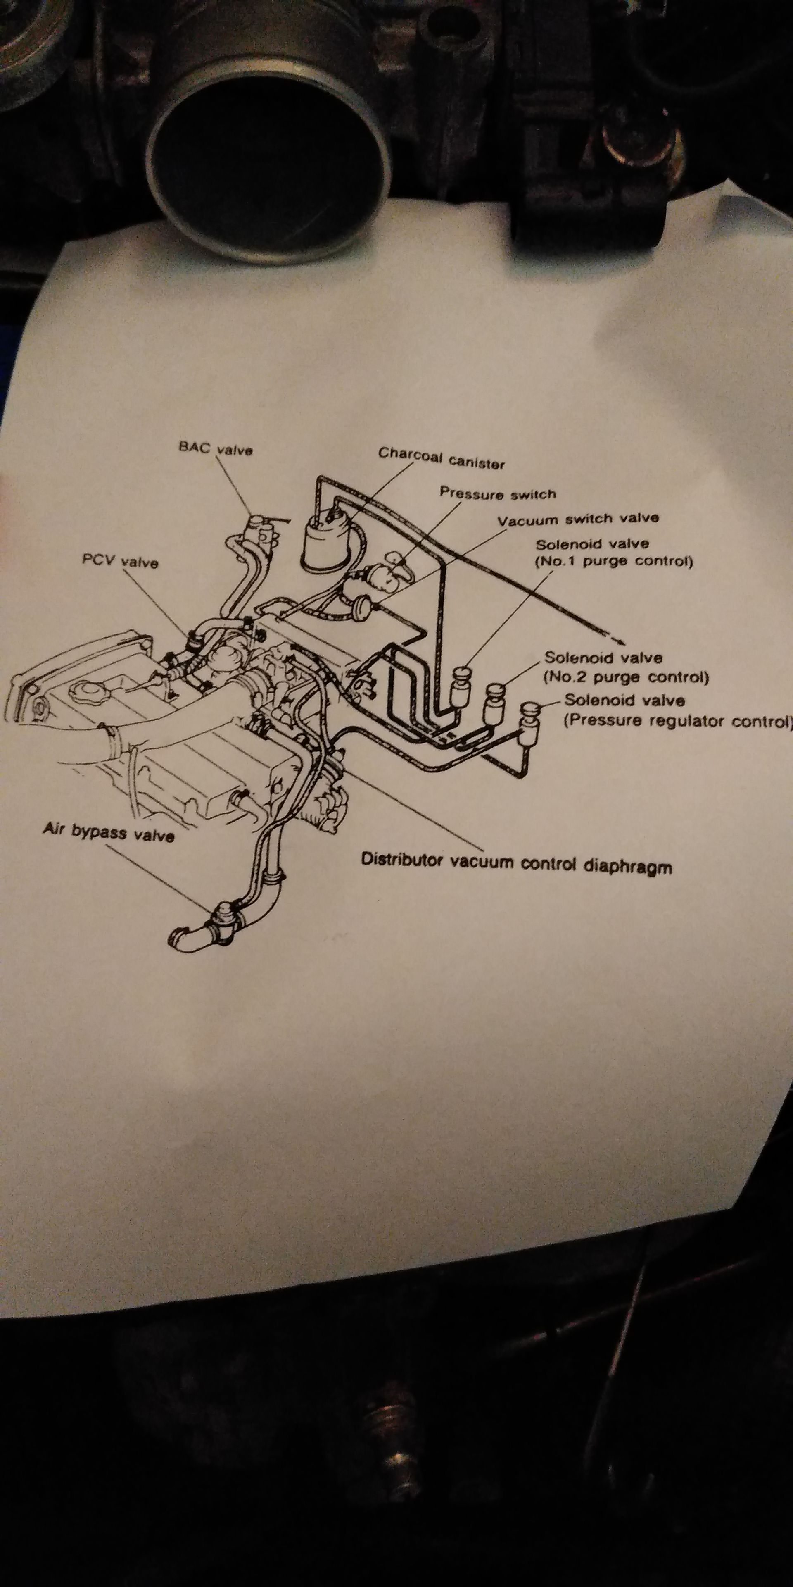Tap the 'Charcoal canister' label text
point(442,458)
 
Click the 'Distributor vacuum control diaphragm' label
point(516,863)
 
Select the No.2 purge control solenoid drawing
point(494,703)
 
